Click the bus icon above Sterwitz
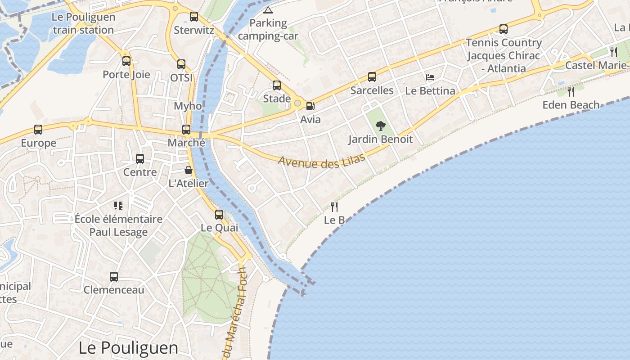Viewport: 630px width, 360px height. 193,17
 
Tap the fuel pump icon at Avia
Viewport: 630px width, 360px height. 310,106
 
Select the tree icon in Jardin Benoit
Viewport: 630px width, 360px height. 381,126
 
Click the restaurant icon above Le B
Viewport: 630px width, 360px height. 334,207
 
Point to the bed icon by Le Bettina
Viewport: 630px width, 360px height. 430,77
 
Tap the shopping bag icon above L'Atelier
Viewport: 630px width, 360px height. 189,170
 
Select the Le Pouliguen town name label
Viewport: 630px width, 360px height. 128,348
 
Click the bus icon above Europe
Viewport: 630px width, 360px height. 38,130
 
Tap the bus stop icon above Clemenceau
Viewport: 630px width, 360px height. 114,276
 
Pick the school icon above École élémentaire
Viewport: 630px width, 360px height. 118,206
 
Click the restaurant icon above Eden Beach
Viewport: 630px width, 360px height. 571,92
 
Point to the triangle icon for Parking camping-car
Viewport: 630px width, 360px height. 268,10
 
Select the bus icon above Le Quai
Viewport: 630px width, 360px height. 219,214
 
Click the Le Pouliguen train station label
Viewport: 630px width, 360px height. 83,24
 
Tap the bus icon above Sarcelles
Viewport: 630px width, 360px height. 372,77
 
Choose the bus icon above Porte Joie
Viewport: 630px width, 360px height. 126,61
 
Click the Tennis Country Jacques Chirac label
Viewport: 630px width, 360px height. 504,55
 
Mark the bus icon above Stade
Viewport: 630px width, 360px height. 277,85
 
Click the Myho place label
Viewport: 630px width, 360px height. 188,106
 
